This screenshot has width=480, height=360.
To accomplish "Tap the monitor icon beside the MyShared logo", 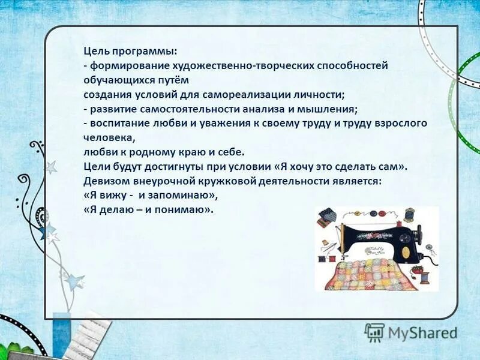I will coord(374,332).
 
